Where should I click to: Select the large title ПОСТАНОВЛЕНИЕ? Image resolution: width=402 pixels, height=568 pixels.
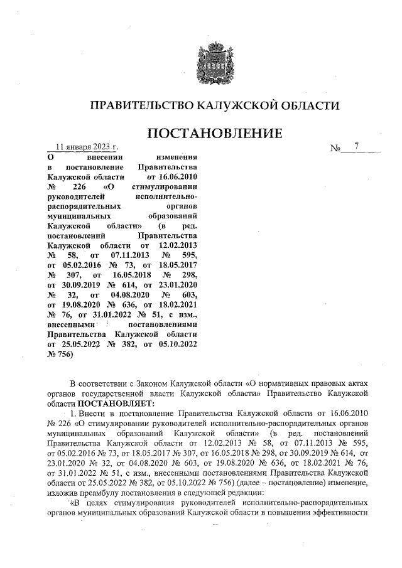pyautogui.click(x=214, y=134)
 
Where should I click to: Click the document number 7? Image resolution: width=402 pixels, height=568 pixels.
pyautogui.click(x=356, y=147)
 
